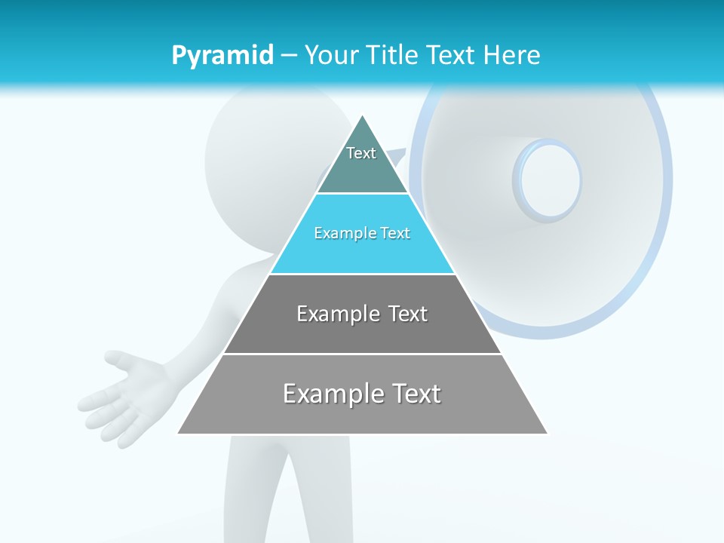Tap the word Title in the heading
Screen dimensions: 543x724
(393, 56)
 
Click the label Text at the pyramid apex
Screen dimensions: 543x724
(361, 153)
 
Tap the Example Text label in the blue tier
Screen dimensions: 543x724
(362, 233)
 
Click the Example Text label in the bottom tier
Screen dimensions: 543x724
(362, 394)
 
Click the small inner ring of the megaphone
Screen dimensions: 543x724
(548, 180)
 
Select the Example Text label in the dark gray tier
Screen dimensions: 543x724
(362, 314)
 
